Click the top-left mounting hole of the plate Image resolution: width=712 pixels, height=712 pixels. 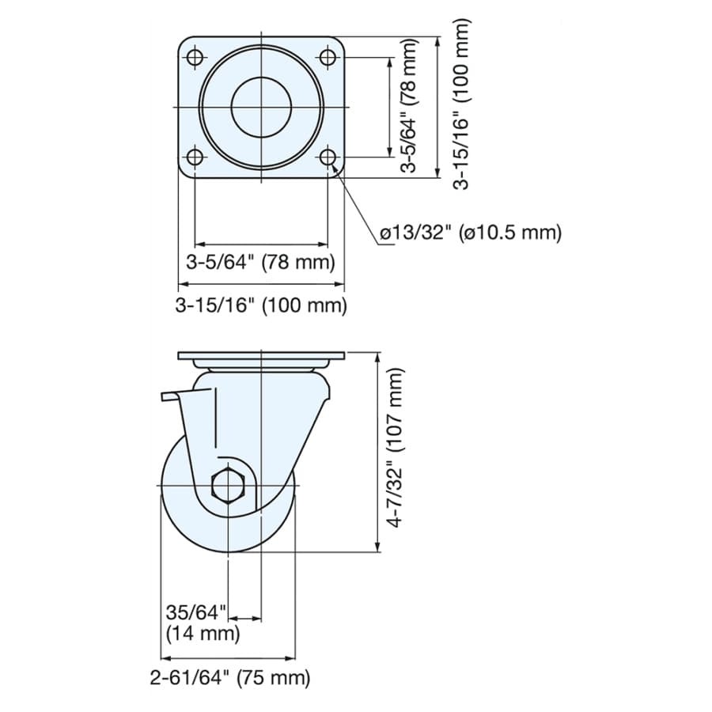click(x=195, y=58)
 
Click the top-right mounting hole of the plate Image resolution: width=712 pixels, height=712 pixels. click(x=328, y=58)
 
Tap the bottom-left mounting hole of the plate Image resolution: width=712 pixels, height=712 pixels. click(x=195, y=157)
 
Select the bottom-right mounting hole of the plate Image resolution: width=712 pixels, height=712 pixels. click(x=328, y=157)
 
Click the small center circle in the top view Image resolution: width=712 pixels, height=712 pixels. click(x=261, y=107)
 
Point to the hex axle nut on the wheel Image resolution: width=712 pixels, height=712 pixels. click(x=229, y=485)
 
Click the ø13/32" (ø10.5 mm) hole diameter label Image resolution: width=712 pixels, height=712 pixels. click(x=471, y=233)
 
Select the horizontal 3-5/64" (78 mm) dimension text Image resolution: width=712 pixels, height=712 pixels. click(x=260, y=263)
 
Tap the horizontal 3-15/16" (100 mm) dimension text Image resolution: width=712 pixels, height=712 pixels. click(x=261, y=305)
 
